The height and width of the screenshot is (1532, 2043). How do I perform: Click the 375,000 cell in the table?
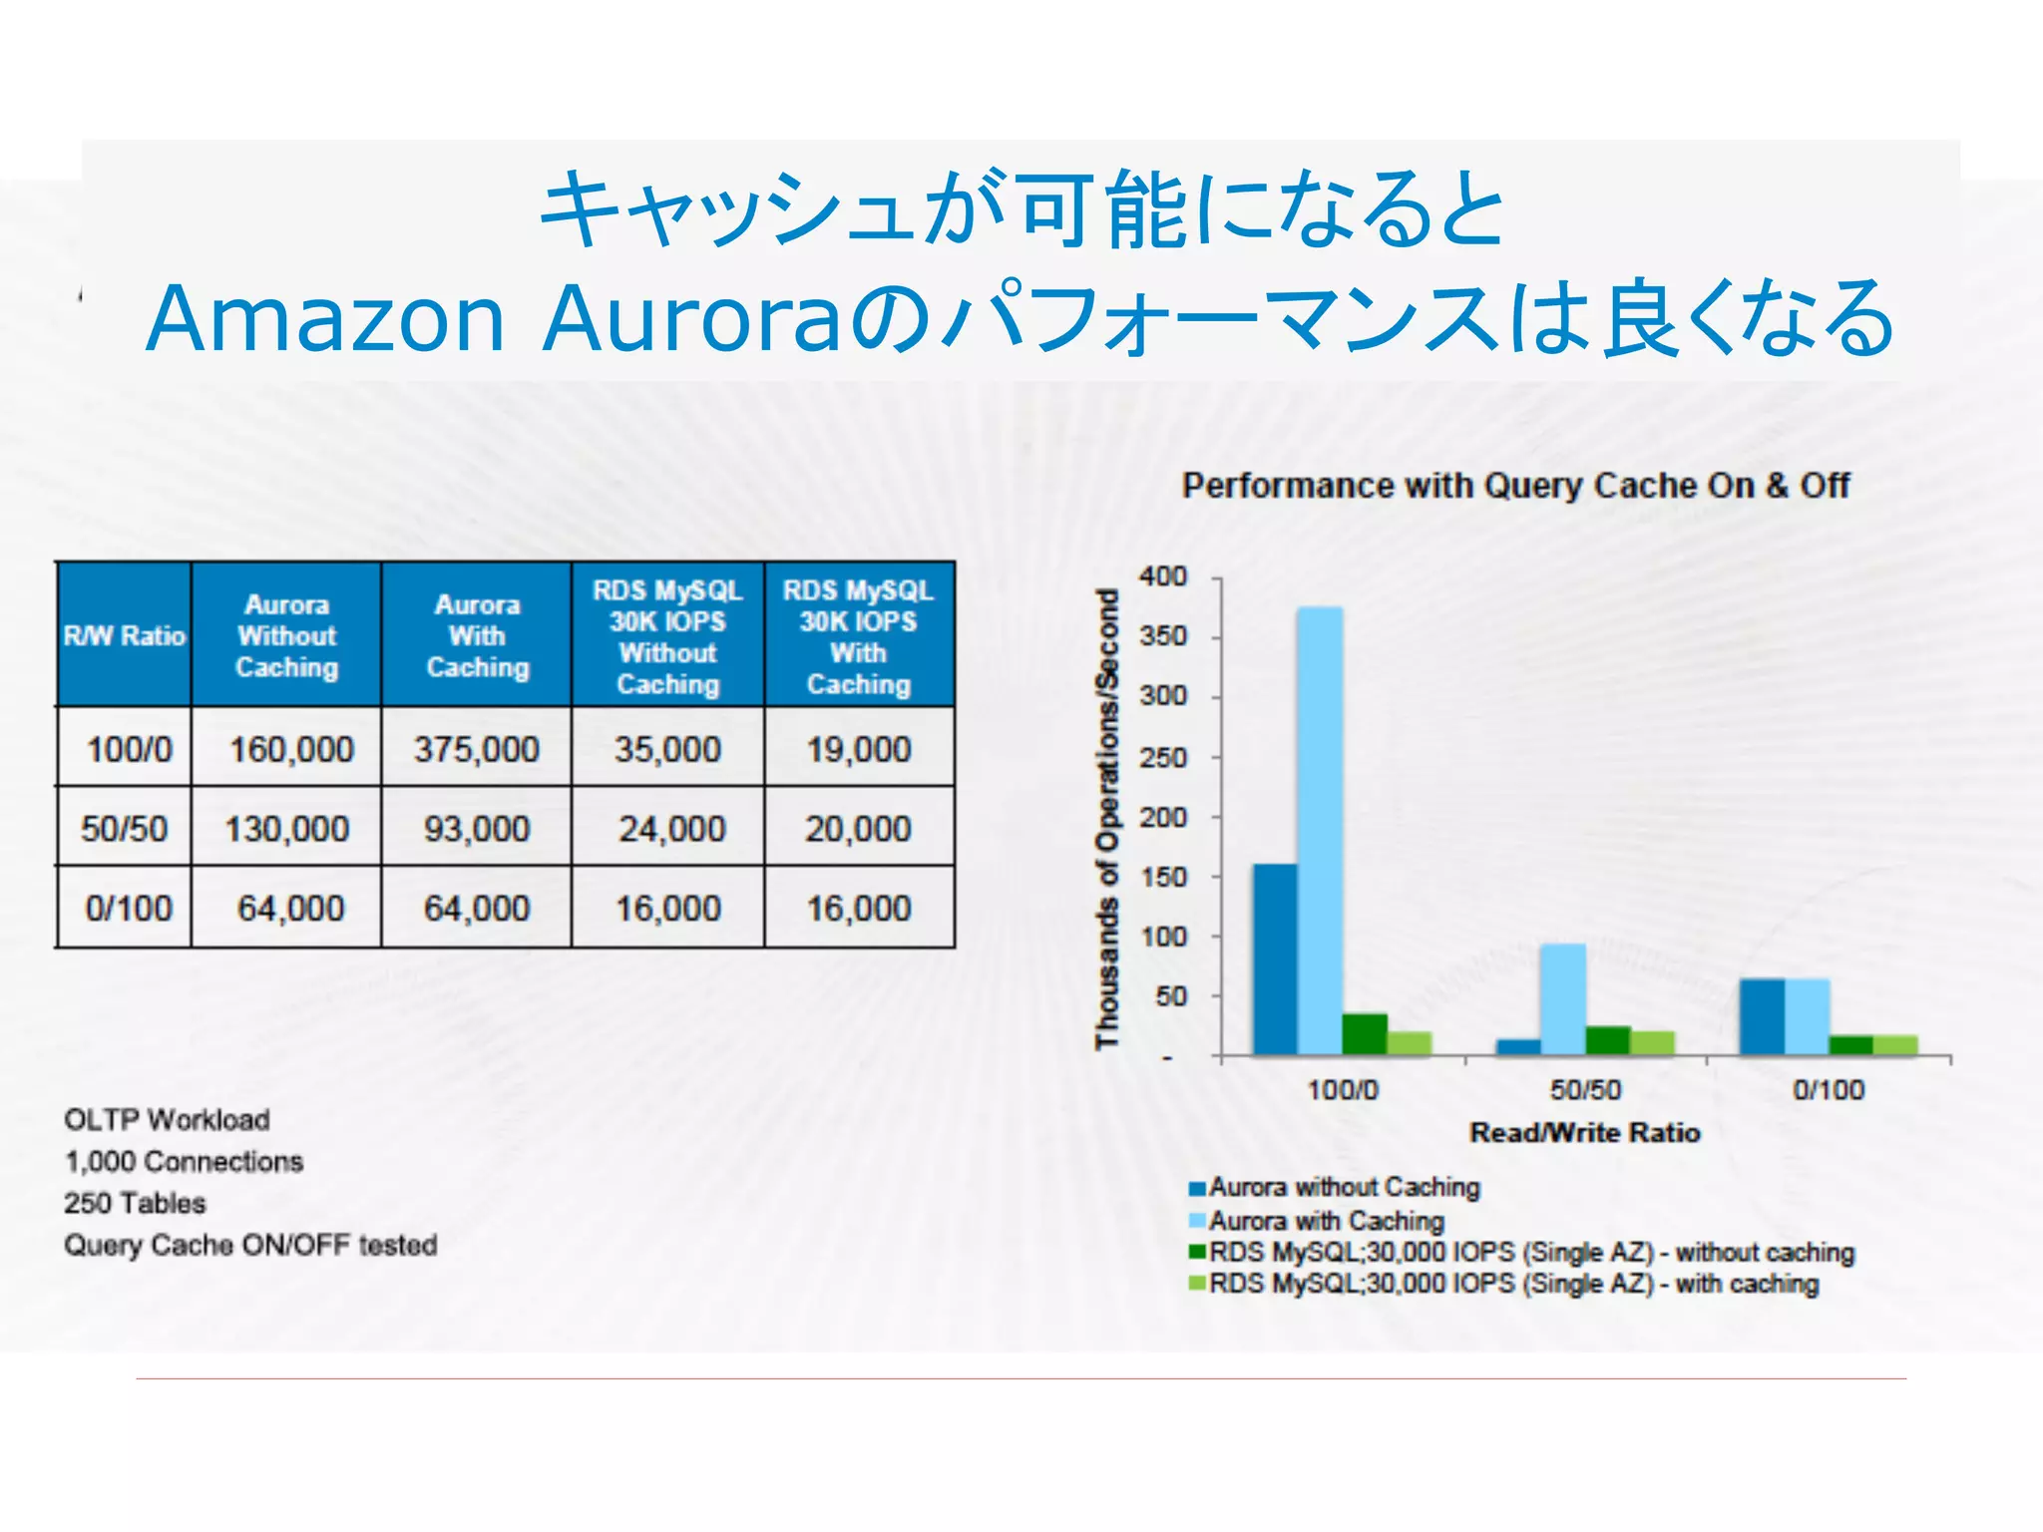pyautogui.click(x=477, y=749)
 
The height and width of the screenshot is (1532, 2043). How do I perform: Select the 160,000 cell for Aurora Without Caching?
pyautogui.click(x=291, y=749)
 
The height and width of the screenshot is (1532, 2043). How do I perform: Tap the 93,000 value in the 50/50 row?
pyautogui.click(x=477, y=829)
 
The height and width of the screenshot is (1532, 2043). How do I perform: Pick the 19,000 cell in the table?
pyautogui.click(x=859, y=749)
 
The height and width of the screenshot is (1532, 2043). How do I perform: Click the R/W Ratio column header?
pyautogui.click(x=125, y=636)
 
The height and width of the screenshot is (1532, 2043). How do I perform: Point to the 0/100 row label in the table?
pyautogui.click(x=129, y=909)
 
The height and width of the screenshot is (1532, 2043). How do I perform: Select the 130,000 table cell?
pyautogui.click(x=287, y=829)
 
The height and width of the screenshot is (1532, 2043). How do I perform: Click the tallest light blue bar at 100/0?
pyautogui.click(x=1320, y=828)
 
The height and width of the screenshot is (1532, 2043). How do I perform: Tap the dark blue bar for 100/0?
pyautogui.click(x=1276, y=957)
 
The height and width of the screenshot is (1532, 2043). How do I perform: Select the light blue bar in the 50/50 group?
pyautogui.click(x=1563, y=997)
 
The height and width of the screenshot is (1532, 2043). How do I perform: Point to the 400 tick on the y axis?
pyautogui.click(x=1163, y=576)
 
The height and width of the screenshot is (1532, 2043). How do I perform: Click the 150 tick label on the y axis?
pyautogui.click(x=1163, y=877)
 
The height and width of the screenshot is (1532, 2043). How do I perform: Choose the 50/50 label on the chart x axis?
pyautogui.click(x=1585, y=1089)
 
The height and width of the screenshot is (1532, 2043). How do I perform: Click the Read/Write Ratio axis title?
pyautogui.click(x=1585, y=1133)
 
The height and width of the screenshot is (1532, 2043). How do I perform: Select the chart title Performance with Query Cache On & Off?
pyautogui.click(x=1516, y=486)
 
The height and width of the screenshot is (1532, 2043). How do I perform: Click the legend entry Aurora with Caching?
pyautogui.click(x=1327, y=1221)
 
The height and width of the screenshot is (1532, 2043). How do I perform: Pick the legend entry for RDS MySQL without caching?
pyautogui.click(x=1531, y=1253)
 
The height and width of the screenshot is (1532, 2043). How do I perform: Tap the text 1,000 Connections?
pyautogui.click(x=184, y=1162)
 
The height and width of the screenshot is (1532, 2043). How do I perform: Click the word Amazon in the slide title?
pyautogui.click(x=326, y=319)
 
